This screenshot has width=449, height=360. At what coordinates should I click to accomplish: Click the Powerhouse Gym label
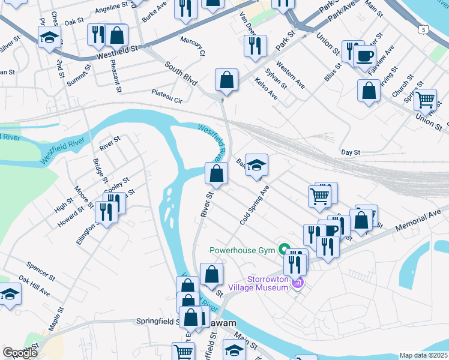243,250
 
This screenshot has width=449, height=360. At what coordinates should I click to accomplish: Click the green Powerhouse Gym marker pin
285,249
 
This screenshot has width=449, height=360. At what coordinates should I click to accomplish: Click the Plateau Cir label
167,95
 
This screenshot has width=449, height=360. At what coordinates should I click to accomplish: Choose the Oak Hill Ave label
34,286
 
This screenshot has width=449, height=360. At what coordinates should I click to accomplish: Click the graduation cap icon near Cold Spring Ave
257,165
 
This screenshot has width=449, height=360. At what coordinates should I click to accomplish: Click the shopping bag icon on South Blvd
226,80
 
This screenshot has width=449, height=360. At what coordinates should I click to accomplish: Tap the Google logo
20,353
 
